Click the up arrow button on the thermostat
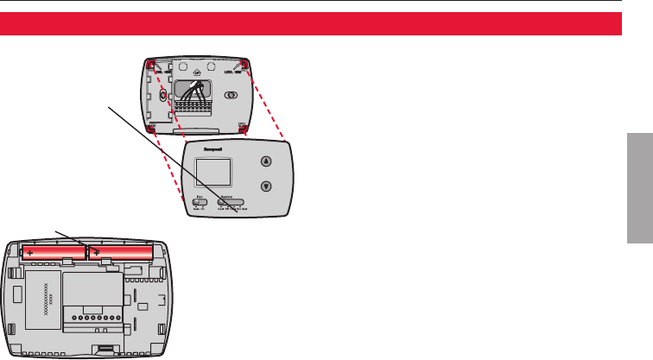[x=266, y=161]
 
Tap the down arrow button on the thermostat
[x=266, y=186]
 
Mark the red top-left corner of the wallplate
[x=150, y=65]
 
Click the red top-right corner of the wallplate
[x=246, y=65]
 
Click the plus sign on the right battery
[x=97, y=252]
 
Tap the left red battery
[x=51, y=252]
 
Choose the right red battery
[x=121, y=252]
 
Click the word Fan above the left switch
[x=198, y=197]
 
